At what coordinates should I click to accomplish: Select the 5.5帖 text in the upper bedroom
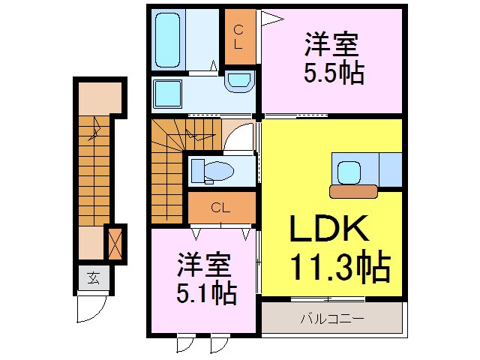click(333, 73)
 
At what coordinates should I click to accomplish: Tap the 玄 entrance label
click(93, 279)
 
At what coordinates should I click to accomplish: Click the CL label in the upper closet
click(238, 37)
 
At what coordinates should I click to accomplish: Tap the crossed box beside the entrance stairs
click(115, 244)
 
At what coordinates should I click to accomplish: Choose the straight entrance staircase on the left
click(92, 172)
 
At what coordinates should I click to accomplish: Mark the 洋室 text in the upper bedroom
click(331, 44)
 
